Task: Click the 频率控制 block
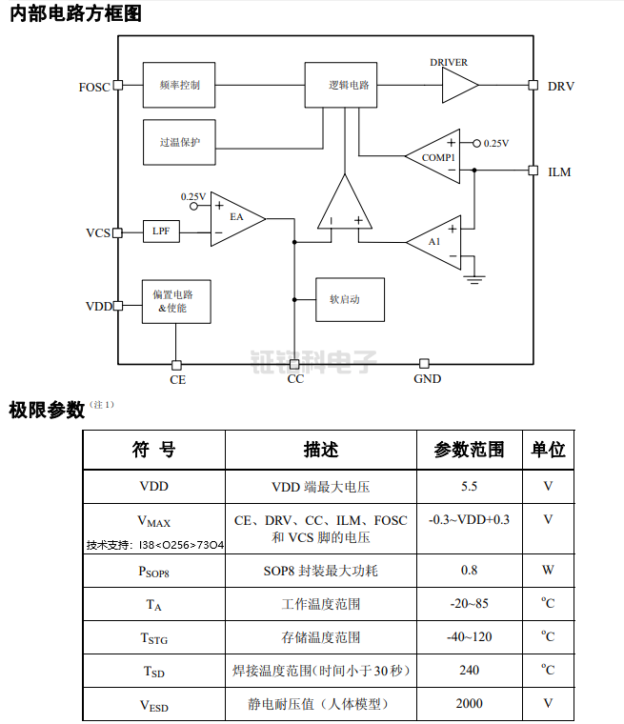tap(178, 85)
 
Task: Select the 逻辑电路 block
tap(341, 85)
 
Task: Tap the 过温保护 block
tap(178, 142)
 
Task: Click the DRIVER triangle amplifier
tap(457, 86)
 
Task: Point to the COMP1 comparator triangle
tap(436, 156)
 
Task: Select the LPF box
tap(161, 231)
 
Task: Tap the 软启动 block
tap(350, 299)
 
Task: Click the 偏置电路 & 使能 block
tap(175, 301)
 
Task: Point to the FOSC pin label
tap(93, 87)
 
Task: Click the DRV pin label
tap(561, 86)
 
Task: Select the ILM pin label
tap(560, 172)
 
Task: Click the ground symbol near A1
tap(473, 279)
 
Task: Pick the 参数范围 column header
tap(469, 450)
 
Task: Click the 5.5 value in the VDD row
tap(469, 487)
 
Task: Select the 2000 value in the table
tap(469, 703)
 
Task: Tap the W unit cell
tap(548, 571)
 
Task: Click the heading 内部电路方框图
tap(79, 15)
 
